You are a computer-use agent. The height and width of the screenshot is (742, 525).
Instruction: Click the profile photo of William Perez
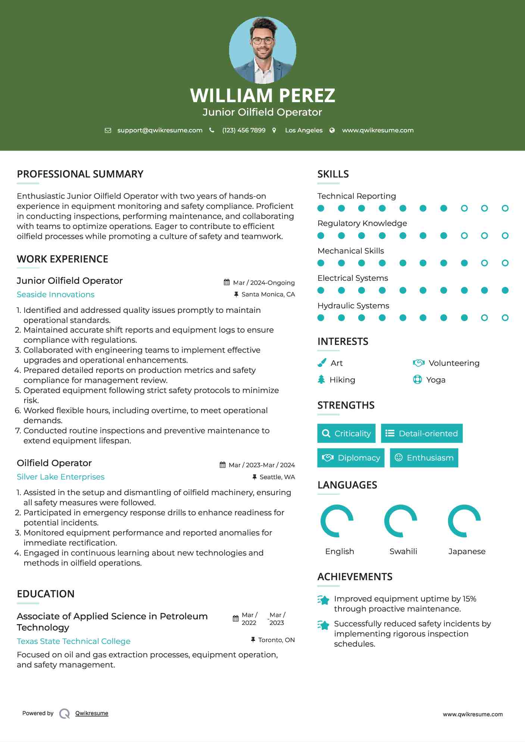[262, 50]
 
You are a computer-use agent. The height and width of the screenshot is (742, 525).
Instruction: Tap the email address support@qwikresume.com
[160, 130]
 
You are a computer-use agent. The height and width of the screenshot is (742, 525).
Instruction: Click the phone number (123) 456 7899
[244, 130]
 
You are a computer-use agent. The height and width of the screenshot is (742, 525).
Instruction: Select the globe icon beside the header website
[332, 130]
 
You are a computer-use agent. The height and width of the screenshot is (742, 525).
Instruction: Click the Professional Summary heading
[80, 174]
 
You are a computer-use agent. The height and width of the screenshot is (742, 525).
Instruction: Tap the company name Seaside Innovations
[56, 295]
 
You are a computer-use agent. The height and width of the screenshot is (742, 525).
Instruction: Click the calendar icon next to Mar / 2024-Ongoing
[226, 282]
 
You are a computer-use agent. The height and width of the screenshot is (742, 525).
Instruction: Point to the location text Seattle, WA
[277, 477]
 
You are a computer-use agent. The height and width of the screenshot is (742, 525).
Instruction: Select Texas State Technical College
[74, 641]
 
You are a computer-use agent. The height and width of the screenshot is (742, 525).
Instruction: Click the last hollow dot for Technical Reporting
[505, 208]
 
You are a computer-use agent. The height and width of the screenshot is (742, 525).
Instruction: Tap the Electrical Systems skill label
[353, 278]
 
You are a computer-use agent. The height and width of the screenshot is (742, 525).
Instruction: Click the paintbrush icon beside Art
[322, 363]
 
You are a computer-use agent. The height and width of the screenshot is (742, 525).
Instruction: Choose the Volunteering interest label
[454, 363]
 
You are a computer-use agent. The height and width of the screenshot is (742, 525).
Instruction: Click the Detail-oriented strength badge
[422, 433]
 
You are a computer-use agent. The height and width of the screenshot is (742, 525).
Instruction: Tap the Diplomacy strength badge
[351, 458]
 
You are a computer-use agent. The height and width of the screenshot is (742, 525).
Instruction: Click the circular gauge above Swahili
[400, 521]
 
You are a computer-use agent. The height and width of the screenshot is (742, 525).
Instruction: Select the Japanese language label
[467, 551]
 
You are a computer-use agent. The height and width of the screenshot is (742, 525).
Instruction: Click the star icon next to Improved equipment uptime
[324, 600]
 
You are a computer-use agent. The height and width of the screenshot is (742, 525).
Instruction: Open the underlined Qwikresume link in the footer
[92, 713]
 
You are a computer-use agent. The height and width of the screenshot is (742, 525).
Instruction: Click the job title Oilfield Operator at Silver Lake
[54, 463]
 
